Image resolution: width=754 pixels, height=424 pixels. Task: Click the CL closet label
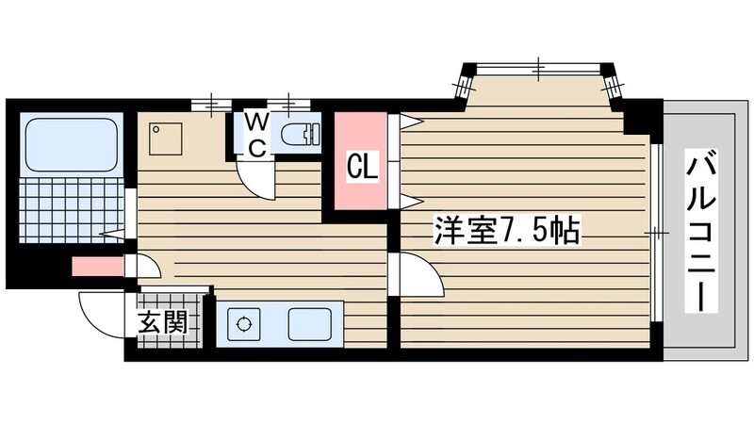[363, 168]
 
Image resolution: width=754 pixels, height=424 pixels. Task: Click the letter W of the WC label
[255, 122]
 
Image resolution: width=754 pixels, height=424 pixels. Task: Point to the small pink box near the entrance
[97, 266]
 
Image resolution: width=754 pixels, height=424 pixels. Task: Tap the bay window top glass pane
[537, 68]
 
